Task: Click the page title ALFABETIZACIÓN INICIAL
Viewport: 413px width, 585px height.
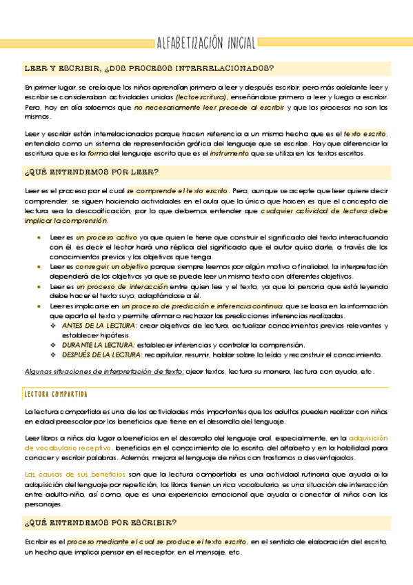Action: pos(206,42)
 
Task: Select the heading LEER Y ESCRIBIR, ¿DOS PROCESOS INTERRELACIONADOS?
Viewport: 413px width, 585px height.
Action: pos(149,68)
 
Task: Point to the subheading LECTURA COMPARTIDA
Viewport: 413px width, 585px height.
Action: pos(56,394)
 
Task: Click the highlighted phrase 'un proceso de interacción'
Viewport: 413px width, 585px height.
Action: pos(121,286)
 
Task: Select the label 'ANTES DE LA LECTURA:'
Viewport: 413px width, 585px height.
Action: pos(99,325)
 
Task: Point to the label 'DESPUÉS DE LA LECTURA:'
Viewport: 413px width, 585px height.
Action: pos(102,355)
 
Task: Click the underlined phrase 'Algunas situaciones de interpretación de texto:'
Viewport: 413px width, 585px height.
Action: pos(103,371)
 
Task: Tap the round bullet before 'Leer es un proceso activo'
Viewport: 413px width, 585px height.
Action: pos(39,237)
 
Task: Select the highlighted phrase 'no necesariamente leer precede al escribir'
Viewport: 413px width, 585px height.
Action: pos(210,108)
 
